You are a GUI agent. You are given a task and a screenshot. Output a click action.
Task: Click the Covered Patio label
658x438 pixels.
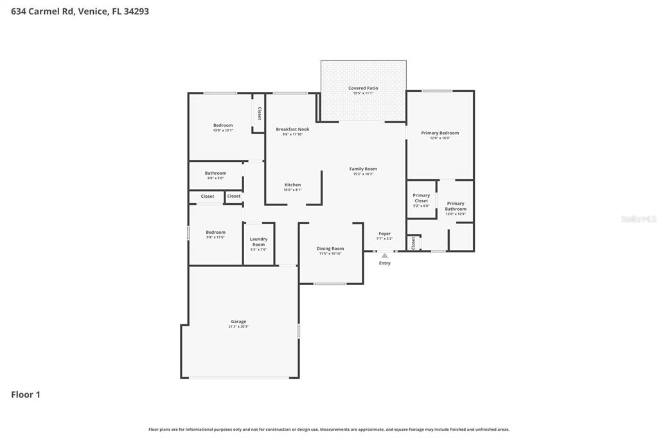coord(363,89)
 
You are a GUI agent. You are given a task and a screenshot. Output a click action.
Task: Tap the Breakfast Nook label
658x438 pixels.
coord(292,130)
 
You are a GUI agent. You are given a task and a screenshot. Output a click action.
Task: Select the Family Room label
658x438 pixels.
coord(363,170)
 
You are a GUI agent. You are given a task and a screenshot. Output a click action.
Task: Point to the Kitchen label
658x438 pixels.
coord(292,185)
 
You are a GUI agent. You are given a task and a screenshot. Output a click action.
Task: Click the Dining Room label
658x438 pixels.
coord(330,249)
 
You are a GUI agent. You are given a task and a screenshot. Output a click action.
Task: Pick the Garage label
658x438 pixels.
coord(238,322)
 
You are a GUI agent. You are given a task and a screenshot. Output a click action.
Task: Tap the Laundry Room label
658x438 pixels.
coord(258,242)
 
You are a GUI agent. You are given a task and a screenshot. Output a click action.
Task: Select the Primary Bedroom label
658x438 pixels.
coord(440,133)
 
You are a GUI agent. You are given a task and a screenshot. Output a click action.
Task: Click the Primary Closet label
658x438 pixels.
coord(422,198)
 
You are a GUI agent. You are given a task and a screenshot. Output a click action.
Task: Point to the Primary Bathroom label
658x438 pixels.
coord(456,206)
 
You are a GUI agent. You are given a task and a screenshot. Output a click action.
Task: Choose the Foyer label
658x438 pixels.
coord(384,234)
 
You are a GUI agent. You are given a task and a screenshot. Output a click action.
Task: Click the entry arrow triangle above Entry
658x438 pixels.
coord(384,256)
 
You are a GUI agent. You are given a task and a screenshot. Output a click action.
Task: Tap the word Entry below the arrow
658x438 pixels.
coord(384,263)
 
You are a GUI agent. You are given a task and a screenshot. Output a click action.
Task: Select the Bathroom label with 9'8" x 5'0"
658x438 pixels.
coord(215,173)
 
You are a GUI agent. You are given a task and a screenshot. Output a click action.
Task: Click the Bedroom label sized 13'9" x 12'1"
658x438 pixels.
coord(223,125)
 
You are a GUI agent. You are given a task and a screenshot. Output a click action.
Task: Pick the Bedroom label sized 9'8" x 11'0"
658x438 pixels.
coord(215,232)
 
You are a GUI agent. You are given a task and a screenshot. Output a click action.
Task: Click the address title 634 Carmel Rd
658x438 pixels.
coord(80,11)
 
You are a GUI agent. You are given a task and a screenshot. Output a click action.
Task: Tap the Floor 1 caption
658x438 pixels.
coord(26,395)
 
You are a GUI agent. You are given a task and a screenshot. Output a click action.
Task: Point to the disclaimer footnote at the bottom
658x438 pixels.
coord(329,429)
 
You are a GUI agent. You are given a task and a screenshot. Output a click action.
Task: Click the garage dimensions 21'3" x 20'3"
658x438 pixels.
coord(238,327)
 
